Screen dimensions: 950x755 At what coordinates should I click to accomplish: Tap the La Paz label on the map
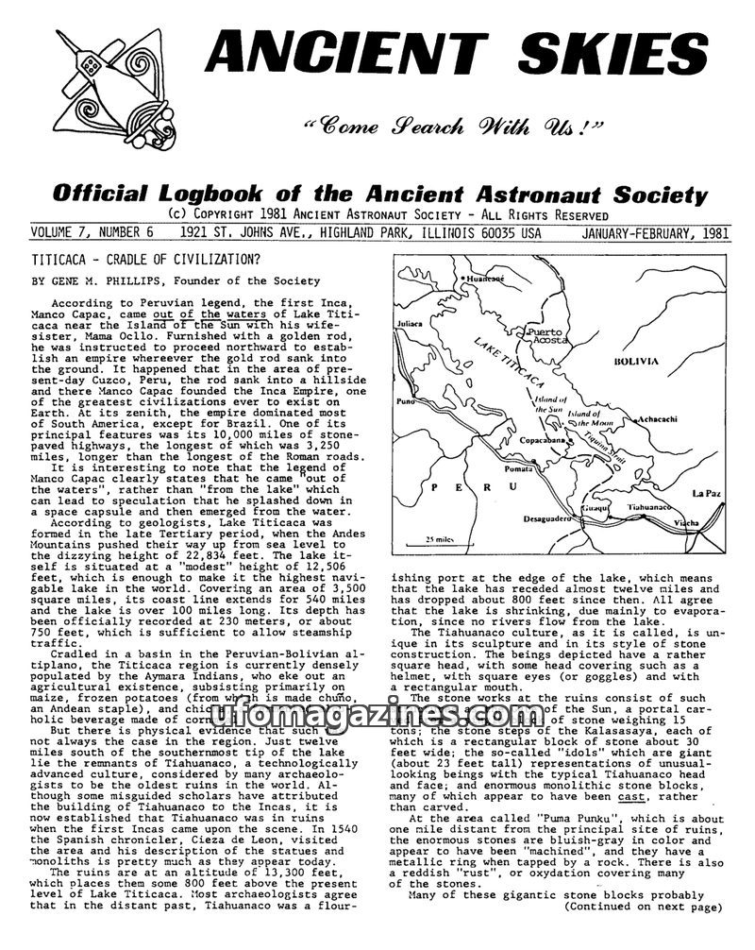(x=705, y=493)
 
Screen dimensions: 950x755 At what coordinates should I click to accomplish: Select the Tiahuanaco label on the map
(x=647, y=506)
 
